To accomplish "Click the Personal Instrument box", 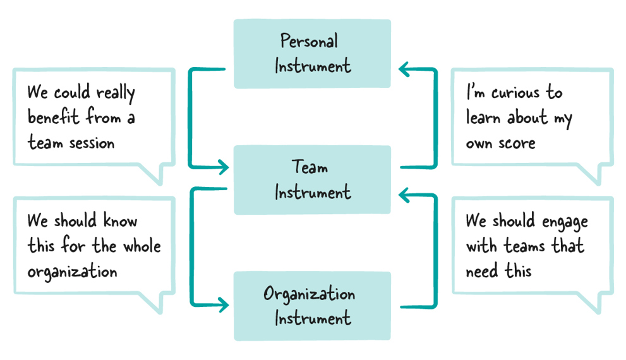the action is click(312, 54).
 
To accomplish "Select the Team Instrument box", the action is click(312, 180).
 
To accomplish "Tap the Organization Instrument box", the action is click(312, 306).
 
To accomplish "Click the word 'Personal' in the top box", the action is click(309, 41).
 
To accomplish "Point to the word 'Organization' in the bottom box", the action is click(309, 294).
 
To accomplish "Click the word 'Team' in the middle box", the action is click(310, 167).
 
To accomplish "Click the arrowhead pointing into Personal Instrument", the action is click(404, 69).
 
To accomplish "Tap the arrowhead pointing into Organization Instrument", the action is click(223, 305).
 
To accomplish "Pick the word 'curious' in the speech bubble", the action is click(515, 93).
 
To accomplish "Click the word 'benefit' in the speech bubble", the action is click(53, 117).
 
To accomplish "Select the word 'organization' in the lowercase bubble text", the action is click(72, 272).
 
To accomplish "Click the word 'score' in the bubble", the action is click(517, 143).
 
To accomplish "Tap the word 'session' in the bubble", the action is click(92, 143).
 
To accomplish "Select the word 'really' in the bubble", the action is click(116, 93).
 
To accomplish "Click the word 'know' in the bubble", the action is click(120, 220).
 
